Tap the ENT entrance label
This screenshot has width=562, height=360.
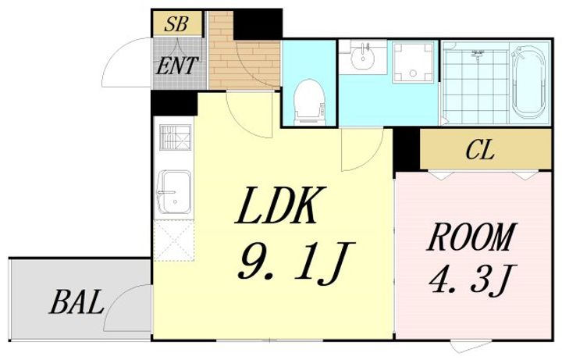[178, 66]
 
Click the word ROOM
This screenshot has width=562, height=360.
[471, 237]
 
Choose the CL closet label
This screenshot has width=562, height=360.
[481, 150]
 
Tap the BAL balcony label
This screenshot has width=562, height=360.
[78, 301]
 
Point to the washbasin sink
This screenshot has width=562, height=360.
[362, 56]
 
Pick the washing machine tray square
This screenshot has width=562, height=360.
[414, 62]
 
